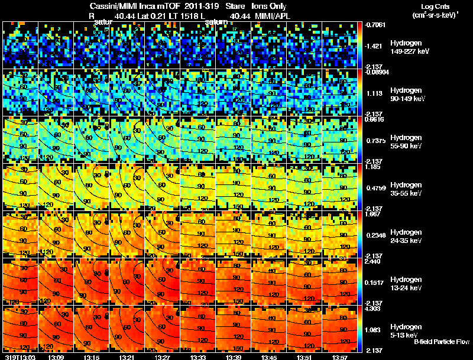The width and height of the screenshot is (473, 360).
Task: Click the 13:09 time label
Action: (56, 357)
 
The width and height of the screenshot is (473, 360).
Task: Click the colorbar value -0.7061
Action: (376, 25)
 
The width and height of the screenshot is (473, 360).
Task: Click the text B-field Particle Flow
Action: (441, 342)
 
